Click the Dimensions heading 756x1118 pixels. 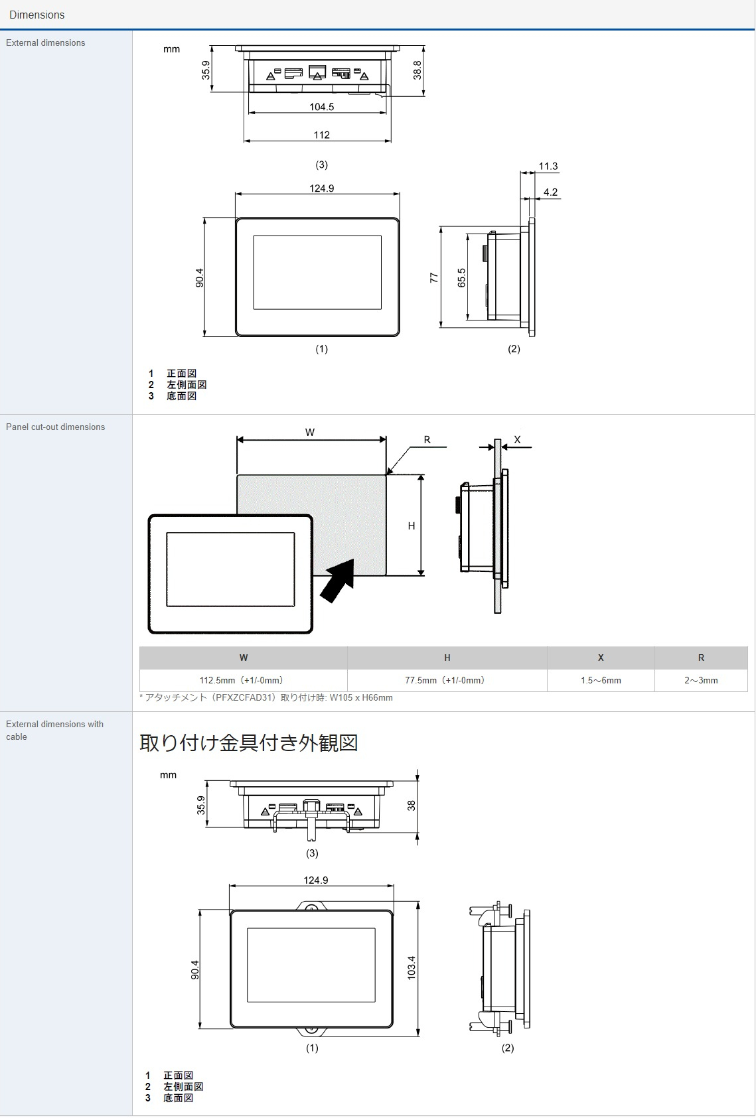(37, 15)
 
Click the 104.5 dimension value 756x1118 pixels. (321, 107)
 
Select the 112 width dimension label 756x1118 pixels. (321, 135)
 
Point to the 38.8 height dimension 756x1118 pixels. (417, 70)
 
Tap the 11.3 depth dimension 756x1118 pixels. (548, 167)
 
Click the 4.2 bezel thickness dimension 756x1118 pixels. (550, 192)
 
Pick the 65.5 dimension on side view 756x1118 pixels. (461, 277)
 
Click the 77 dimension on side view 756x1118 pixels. (433, 277)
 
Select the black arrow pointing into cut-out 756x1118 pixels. (338, 579)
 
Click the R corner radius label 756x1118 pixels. (427, 440)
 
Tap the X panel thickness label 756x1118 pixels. (517, 440)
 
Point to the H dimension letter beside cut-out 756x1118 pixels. (412, 525)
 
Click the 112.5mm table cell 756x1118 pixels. (243, 680)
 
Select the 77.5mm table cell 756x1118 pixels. (447, 680)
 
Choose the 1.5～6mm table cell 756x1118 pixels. (601, 680)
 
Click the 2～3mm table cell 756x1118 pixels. (701, 680)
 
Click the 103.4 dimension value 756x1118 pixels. (411, 968)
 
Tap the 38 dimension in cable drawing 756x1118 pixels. (411, 805)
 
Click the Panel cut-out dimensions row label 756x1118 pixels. (56, 427)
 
